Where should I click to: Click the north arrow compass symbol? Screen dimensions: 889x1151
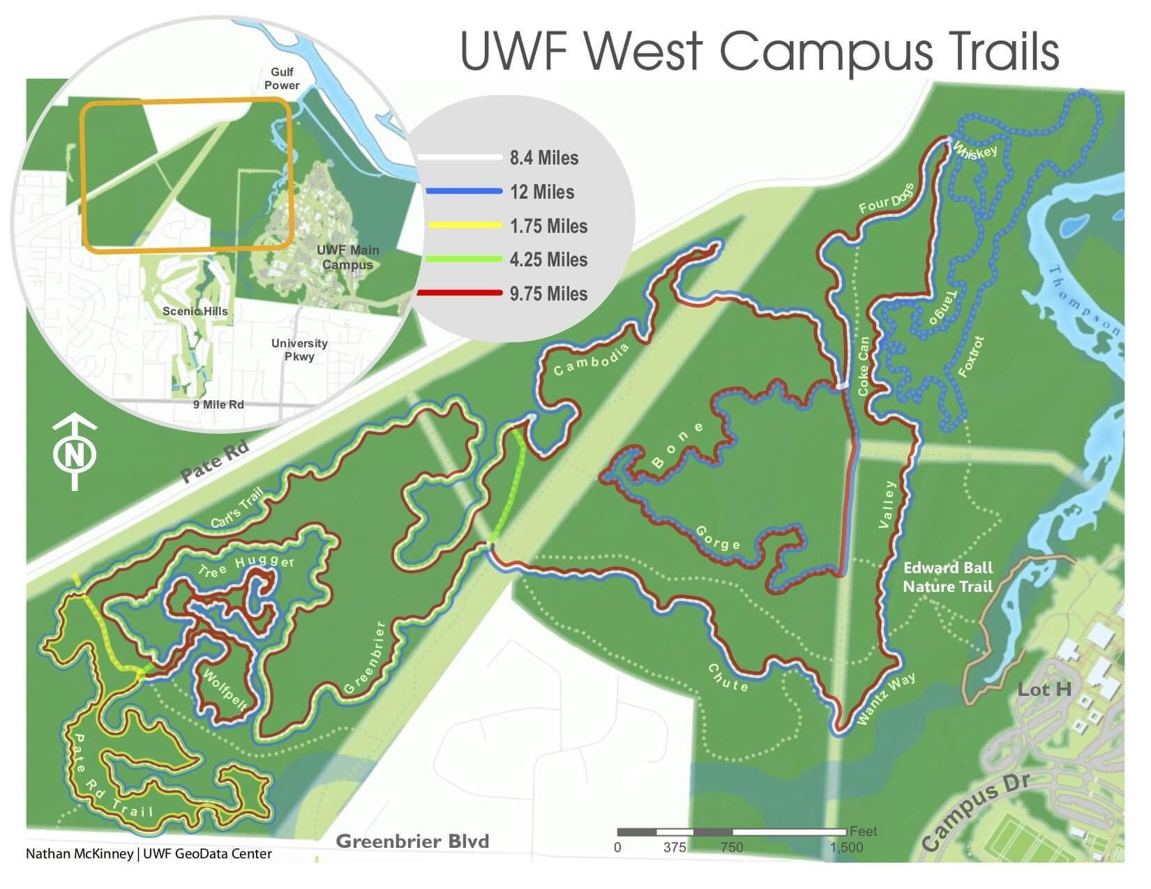tap(75, 453)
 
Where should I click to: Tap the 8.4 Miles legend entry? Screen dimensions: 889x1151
tap(543, 158)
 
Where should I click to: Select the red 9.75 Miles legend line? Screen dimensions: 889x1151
tap(460, 293)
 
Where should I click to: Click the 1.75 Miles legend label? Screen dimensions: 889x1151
tap(548, 226)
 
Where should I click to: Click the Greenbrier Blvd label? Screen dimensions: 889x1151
tap(412, 841)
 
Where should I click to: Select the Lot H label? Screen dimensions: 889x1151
tap(1044, 690)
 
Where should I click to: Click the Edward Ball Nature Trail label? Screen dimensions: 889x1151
tap(947, 577)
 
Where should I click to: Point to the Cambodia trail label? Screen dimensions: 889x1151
tap(592, 359)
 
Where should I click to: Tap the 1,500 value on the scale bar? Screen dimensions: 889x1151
tap(846, 848)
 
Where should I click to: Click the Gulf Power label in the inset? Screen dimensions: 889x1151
tap(283, 79)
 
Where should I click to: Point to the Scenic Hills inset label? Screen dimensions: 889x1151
tap(195, 311)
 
